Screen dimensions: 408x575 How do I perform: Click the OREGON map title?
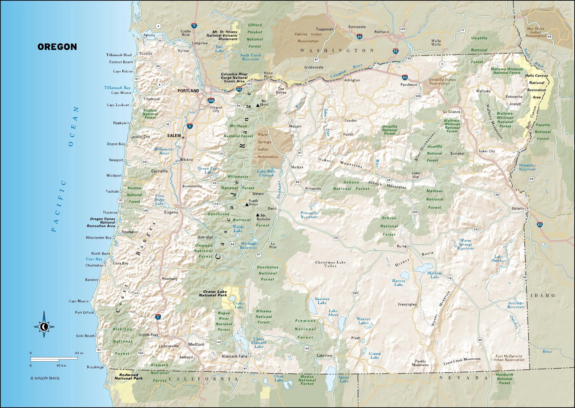(57, 47)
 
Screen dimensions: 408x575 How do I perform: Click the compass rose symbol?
(44, 327)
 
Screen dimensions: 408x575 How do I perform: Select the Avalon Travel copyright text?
(45, 378)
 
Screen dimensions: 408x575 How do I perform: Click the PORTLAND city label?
(188, 91)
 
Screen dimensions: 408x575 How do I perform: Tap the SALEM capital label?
(174, 136)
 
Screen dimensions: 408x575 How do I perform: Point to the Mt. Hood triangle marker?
(257, 105)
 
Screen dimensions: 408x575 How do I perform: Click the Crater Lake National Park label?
(213, 294)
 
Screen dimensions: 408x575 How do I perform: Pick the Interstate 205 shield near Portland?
(211, 100)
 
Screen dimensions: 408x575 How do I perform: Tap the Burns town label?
(402, 246)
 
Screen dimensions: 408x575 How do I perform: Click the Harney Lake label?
(398, 282)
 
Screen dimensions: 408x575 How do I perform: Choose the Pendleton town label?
(409, 85)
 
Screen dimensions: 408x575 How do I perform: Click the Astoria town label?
(149, 35)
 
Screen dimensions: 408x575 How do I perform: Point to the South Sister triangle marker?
(247, 205)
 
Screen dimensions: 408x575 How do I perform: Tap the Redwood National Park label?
(128, 377)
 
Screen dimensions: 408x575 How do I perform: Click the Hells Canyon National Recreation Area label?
(537, 86)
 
